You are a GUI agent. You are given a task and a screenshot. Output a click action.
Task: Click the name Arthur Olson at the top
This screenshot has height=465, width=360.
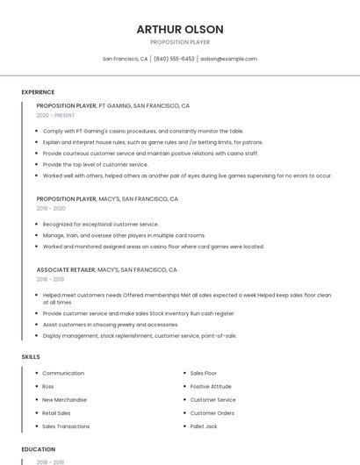tap(180, 29)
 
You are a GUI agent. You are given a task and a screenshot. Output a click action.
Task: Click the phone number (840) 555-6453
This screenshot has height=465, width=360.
tap(174, 59)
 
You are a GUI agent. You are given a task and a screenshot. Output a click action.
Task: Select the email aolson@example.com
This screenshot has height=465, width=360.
tap(228, 59)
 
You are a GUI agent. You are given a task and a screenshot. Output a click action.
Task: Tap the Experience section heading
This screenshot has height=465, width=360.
tap(38, 92)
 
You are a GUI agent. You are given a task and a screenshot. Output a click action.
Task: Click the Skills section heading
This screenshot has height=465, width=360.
tap(31, 357)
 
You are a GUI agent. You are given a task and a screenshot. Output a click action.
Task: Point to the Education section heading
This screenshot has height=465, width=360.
tap(38, 448)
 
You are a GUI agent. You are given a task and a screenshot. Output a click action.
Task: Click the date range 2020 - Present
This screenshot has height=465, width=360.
tap(55, 115)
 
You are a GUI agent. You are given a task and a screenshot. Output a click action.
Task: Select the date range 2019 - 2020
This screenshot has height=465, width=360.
tap(51, 209)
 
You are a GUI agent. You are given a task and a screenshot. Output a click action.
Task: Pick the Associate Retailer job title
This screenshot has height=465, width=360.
tap(66, 270)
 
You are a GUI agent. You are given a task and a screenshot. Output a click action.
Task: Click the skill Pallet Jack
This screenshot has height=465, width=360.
tap(205, 426)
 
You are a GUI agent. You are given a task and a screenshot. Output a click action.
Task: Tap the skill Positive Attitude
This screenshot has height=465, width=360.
tap(211, 387)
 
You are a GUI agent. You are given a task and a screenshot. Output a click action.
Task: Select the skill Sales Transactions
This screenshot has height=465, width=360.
tap(66, 426)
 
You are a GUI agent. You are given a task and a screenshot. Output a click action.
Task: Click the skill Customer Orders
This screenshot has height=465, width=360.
tap(212, 413)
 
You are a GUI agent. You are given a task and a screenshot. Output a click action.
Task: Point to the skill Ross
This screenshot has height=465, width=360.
tap(48, 387)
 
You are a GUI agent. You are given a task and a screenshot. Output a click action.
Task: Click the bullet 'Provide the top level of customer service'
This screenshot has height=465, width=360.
tap(96, 164)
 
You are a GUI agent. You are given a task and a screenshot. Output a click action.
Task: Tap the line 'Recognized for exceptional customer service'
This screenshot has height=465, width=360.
tap(101, 225)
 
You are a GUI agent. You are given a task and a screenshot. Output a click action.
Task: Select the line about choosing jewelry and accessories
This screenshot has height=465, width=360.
tap(111, 325)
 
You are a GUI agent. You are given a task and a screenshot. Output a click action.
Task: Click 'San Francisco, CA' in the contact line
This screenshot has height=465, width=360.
tap(125, 59)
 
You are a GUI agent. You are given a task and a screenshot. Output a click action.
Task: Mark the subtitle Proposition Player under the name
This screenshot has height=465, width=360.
tap(180, 42)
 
